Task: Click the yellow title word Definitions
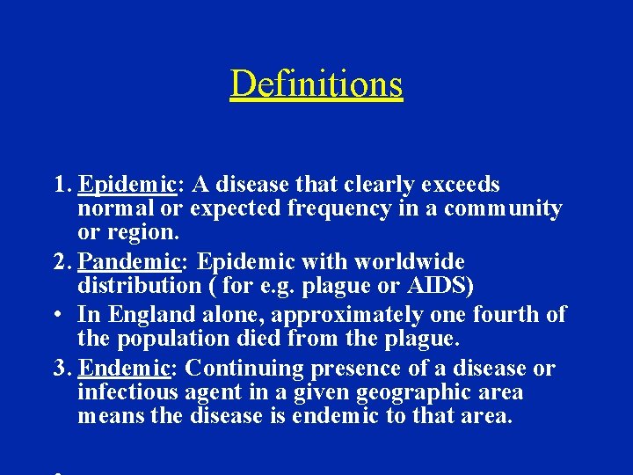pyautogui.click(x=316, y=84)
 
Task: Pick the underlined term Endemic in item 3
pyautogui.click(x=126, y=369)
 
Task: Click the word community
pyautogui.click(x=502, y=209)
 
